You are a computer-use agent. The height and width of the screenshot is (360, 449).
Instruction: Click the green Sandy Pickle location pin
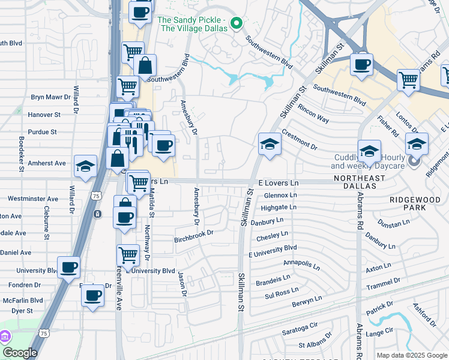[237, 24]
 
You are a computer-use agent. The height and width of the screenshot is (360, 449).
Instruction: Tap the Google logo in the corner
[20, 353]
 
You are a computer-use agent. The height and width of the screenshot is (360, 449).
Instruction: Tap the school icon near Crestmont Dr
[270, 144]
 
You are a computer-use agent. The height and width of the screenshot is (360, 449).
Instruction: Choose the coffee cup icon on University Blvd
[68, 267]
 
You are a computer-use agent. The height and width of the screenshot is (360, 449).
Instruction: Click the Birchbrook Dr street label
[194, 232]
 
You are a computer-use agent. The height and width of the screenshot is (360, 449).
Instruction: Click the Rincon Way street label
[313, 115]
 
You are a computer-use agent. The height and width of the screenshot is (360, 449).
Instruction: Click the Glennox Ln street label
[280, 195]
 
